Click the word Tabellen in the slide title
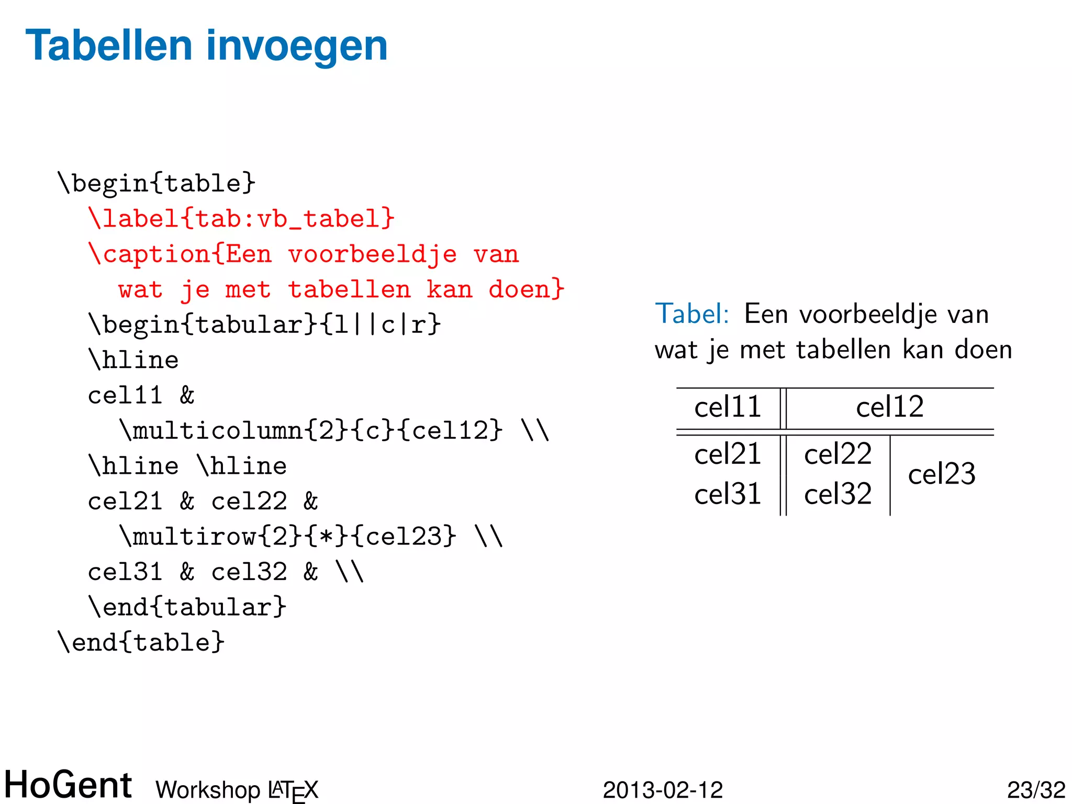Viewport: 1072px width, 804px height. click(x=109, y=46)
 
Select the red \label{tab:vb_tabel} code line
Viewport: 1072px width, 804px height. click(x=241, y=218)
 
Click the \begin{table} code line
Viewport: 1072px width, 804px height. click(x=157, y=183)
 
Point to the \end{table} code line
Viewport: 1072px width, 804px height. click(x=141, y=642)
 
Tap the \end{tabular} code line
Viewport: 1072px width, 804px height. click(x=187, y=607)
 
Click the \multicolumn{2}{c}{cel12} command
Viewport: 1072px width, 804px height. click(x=311, y=431)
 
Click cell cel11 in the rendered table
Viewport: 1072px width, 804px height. click(x=728, y=407)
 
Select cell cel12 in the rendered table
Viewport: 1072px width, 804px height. click(x=890, y=407)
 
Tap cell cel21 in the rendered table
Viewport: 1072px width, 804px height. click(x=728, y=453)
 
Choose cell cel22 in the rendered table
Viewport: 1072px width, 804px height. click(x=837, y=453)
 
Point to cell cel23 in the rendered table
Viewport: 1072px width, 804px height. click(x=942, y=474)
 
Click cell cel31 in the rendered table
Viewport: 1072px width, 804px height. click(x=728, y=494)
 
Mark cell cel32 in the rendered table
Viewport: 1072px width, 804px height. click(x=837, y=494)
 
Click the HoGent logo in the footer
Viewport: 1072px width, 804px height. click(x=68, y=785)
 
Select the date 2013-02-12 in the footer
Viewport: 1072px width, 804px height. click(x=663, y=790)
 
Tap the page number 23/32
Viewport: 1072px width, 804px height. click(x=1036, y=790)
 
